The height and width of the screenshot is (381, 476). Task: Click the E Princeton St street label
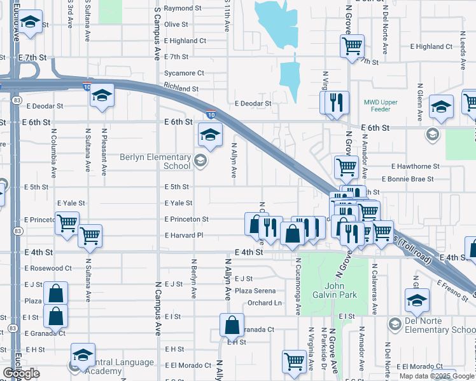tap(186, 219)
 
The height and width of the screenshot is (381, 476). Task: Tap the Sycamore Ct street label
tap(184, 73)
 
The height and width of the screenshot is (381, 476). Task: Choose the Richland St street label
tap(181, 88)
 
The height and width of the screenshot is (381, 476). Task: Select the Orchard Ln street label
tap(265, 303)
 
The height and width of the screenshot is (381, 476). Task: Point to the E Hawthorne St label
tap(416, 166)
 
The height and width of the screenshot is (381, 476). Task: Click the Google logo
tap(21, 373)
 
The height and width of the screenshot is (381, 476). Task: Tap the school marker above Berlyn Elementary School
tap(210, 134)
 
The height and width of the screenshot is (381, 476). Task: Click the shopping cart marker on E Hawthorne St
tap(346, 167)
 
